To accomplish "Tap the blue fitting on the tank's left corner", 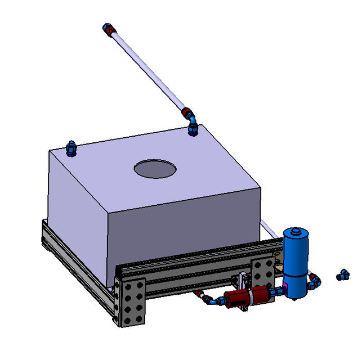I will pos(71,149).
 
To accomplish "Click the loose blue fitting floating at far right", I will pos(342,275).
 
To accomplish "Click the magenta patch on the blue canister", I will pos(285,288).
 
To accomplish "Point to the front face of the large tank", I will pos(180,231).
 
